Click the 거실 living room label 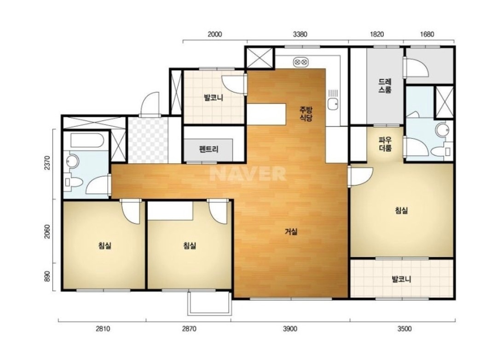pos(291,232)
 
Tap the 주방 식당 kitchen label pos(306,114)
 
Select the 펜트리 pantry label pos(208,149)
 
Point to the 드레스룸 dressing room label pos(385,86)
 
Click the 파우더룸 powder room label pos(385,144)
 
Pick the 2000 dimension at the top pos(214,34)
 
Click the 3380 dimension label pos(300,34)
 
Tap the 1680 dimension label pos(427,34)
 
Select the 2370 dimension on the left pos(47,163)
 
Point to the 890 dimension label pos(47,277)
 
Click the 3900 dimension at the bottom pos(290,329)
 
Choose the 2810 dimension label pos(103,329)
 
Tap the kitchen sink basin pos(333,103)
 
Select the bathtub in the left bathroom pos(86,141)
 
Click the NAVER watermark pos(248,173)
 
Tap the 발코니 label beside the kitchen pos(214,97)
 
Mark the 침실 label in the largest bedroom pos(401,210)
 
